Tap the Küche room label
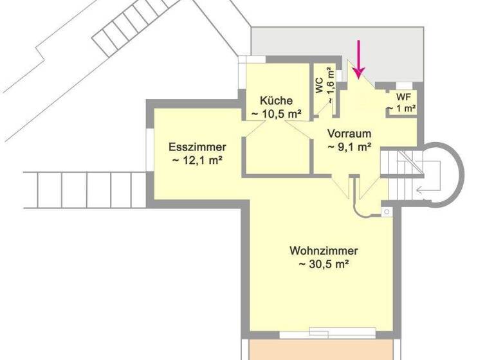[x=277, y=100]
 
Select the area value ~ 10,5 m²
[x=277, y=114]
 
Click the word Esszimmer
[x=197, y=147]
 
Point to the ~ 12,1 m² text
[x=197, y=160]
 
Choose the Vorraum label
[x=349, y=134]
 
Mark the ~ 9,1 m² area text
[x=349, y=147]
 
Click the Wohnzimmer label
[x=324, y=250]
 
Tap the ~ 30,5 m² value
[x=324, y=264]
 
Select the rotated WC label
[x=319, y=87]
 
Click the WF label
[x=403, y=97]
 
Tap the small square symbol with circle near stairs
[x=387, y=212]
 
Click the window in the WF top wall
[x=404, y=85]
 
